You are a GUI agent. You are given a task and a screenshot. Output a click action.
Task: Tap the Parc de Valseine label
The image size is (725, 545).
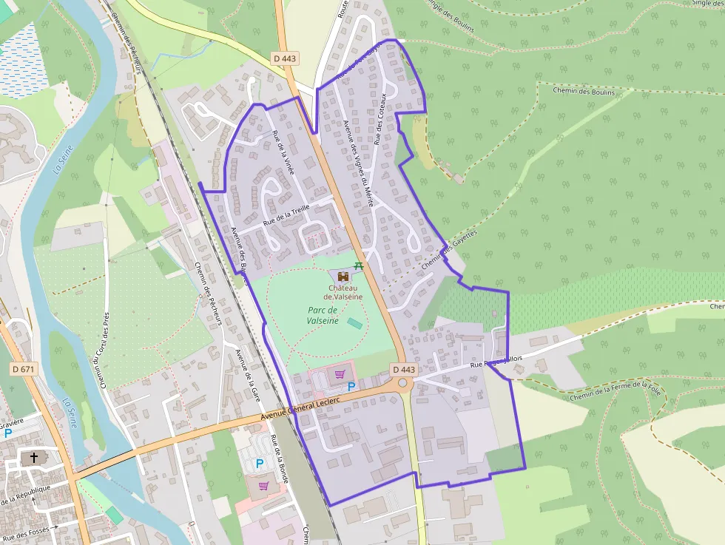323,316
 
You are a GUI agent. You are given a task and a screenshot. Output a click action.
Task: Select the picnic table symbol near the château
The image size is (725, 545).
359,264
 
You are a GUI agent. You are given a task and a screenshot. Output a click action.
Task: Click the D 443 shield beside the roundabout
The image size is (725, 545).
404,369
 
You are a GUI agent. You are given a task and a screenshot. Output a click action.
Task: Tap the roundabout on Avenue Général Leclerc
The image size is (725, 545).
402,383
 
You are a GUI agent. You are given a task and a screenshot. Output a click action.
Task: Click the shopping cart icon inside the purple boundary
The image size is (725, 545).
340,374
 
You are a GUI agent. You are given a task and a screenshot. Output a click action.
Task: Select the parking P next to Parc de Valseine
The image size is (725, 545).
351,386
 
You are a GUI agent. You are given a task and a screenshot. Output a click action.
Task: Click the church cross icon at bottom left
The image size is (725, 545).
31,458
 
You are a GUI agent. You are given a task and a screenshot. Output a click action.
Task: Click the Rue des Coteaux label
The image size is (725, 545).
380,119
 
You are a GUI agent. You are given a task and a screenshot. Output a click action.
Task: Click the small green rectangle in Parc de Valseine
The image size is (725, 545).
355,324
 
